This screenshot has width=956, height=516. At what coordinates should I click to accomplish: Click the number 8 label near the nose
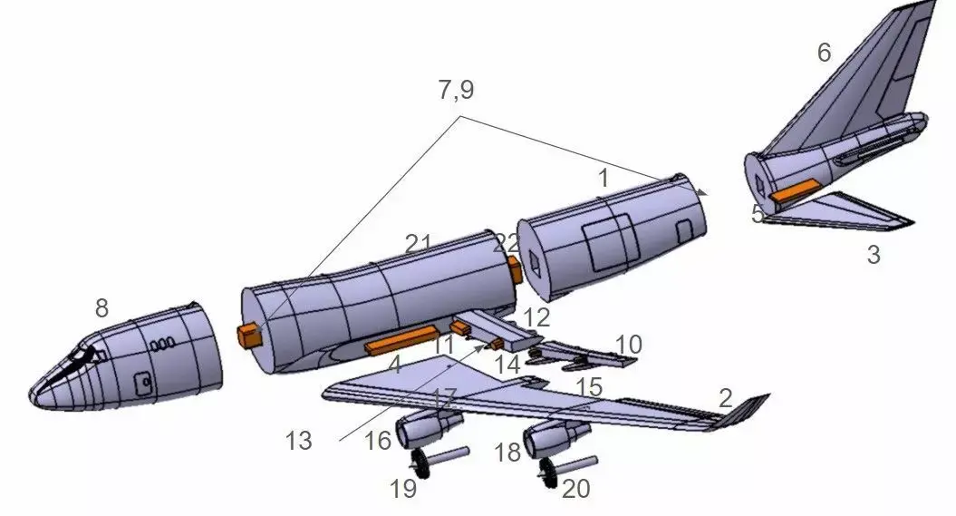[102, 309]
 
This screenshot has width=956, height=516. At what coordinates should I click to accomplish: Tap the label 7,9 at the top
[456, 90]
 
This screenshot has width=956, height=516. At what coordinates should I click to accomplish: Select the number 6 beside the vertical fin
[824, 53]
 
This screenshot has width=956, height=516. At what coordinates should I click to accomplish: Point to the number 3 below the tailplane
[874, 255]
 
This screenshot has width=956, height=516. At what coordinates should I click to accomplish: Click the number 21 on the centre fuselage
[418, 244]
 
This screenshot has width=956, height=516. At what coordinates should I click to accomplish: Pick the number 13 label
[297, 441]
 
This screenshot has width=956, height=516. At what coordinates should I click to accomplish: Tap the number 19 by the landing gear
[403, 489]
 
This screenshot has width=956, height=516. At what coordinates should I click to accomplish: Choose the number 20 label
[575, 489]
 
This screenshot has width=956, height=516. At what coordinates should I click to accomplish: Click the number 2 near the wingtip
[725, 397]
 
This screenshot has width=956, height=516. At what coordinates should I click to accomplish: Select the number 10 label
[628, 345]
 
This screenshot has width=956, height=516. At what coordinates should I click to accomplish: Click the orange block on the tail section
[794, 190]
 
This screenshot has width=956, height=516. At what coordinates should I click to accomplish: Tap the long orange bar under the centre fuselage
[401, 341]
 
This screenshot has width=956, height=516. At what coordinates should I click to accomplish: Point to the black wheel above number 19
[420, 460]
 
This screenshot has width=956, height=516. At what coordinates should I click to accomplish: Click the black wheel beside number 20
[546, 472]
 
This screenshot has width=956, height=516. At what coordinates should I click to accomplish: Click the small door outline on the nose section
[141, 384]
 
